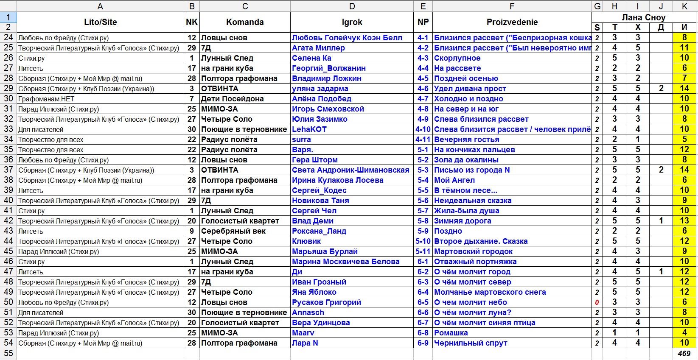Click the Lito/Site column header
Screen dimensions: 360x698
coord(100,22)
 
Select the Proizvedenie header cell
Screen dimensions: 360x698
coord(512,22)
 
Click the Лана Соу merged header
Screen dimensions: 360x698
coord(643,17)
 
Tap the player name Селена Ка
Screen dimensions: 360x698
coord(311,58)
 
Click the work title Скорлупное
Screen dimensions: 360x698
coord(457,58)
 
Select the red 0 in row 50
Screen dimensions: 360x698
coord(597,303)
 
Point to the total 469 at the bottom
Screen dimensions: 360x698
coord(684,354)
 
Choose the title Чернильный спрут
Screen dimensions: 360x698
coord(471,343)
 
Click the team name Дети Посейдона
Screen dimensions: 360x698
coord(232,99)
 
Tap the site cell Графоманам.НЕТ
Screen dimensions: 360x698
coord(46,99)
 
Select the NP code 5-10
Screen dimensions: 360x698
coord(423,241)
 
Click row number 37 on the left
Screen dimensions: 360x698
coord(8,170)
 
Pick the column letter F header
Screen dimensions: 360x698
coord(512,6)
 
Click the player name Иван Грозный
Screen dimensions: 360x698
coord(319,282)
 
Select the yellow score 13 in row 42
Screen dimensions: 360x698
coord(684,221)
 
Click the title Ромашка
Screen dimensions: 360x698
coord(451,333)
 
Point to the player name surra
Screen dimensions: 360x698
coord(301,140)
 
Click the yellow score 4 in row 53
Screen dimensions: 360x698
coord(684,333)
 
